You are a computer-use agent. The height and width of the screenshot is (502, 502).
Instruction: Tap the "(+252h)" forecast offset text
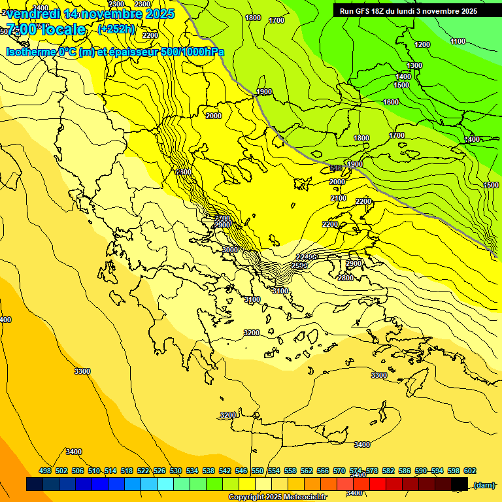coord(116,29)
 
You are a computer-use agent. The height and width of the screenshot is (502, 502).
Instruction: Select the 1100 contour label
coord(458,41)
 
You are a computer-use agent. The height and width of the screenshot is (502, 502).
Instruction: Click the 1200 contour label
coord(422,44)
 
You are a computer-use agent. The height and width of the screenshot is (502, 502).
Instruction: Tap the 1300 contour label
coord(414,65)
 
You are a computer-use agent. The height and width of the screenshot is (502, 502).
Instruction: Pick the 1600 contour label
coord(391,102)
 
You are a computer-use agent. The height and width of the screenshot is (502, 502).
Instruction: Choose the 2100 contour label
coord(339,198)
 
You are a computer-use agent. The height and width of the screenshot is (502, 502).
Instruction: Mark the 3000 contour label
coord(230,250)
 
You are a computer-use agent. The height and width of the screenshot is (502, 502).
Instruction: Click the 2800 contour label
coord(345,278)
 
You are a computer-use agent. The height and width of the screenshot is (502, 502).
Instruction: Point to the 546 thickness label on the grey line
coord(336,169)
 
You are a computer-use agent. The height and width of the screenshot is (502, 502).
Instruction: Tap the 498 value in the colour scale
coord(45,471)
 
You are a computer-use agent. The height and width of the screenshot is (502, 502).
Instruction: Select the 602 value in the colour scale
coord(470,471)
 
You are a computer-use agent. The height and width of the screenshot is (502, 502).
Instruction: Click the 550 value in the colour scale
coord(258,471)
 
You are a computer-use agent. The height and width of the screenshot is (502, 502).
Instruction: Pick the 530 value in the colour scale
coord(176,471)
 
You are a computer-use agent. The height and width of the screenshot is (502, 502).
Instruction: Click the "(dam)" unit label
coord(484,484)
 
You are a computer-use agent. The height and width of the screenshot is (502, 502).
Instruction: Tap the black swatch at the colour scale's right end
coord(460,484)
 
